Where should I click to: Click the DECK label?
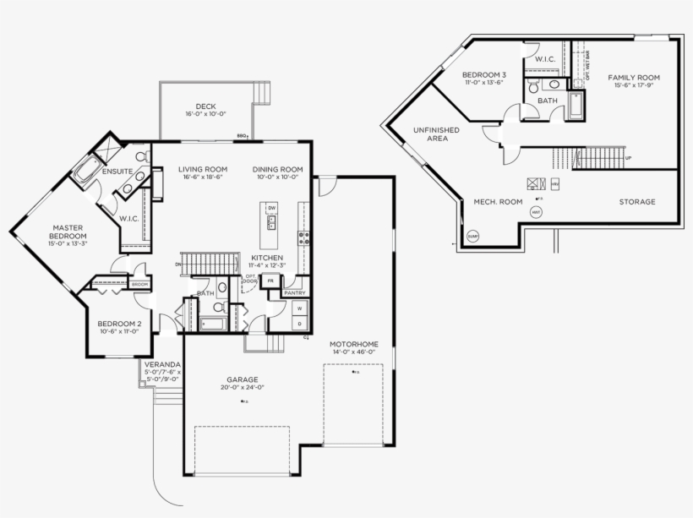[206, 106]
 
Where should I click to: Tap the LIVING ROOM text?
[203, 169]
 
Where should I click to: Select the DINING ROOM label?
[277, 169]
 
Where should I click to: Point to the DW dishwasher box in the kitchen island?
[271, 208]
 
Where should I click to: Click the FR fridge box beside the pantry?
[270, 281]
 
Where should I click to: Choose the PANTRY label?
[294, 292]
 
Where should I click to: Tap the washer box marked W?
[299, 309]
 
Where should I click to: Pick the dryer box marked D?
[299, 324]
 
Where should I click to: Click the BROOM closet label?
[139, 285]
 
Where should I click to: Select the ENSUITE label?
[117, 172]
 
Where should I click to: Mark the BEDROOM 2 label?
[119, 324]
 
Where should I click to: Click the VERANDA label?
[161, 363]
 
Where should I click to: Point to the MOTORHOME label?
[353, 344]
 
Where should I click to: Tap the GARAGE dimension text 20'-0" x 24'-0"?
[242, 387]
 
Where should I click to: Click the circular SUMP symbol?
[472, 236]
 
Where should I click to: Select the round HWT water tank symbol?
[536, 213]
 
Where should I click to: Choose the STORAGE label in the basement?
[636, 202]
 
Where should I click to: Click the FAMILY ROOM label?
[634, 78]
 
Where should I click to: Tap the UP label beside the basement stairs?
[628, 158]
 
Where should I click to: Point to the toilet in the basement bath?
[532, 87]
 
